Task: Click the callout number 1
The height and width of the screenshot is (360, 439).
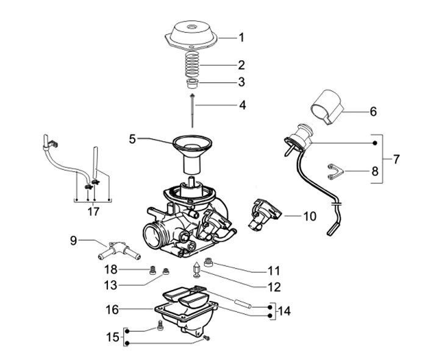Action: [x=241, y=37]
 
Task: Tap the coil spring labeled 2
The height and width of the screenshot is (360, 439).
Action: [x=192, y=65]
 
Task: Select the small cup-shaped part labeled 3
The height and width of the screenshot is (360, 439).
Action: [x=192, y=83]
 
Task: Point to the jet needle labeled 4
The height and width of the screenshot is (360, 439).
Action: [x=192, y=111]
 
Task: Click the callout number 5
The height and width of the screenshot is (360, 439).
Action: [x=132, y=139]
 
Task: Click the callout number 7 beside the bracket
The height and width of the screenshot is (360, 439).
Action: [x=396, y=159]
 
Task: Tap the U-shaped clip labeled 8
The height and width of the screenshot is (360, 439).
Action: [x=335, y=171]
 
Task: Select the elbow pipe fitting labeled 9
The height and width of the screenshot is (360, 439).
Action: [x=119, y=250]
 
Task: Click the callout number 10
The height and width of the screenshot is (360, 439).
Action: [x=309, y=216]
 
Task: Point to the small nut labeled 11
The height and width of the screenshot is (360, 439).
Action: [x=209, y=262]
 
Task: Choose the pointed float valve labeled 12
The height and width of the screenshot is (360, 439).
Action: [x=196, y=269]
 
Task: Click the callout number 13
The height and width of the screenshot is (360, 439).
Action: [x=110, y=286]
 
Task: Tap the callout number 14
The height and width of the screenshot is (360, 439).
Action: [x=284, y=311]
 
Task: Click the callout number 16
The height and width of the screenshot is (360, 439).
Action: [x=112, y=310]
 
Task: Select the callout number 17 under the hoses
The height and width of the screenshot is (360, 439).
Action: [x=93, y=211]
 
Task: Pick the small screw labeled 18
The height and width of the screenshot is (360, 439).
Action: [x=152, y=270]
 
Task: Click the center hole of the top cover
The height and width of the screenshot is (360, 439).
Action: [x=192, y=27]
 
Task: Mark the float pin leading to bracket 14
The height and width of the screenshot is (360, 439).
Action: [x=243, y=304]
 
